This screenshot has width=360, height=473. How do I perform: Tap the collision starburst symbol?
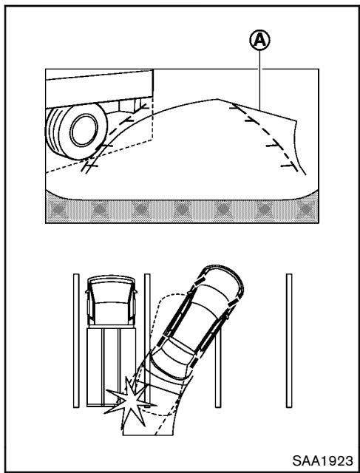coord(126,401)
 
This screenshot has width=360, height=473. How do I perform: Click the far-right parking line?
coord(288,340)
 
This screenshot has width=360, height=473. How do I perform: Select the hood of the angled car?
coord(225,277)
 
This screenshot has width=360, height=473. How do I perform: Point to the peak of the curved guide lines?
coord(215,98)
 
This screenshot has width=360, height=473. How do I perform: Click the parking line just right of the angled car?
coord(218,370)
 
